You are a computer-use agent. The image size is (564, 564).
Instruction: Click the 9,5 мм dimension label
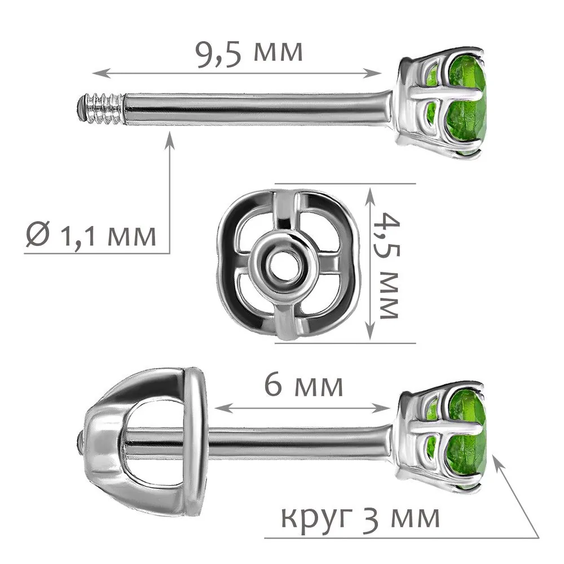(249, 54)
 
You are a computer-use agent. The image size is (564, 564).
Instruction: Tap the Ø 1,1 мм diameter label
(91, 236)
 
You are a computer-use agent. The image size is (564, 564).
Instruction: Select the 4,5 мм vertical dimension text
(388, 266)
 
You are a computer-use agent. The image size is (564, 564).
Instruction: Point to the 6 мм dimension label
(303, 385)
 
